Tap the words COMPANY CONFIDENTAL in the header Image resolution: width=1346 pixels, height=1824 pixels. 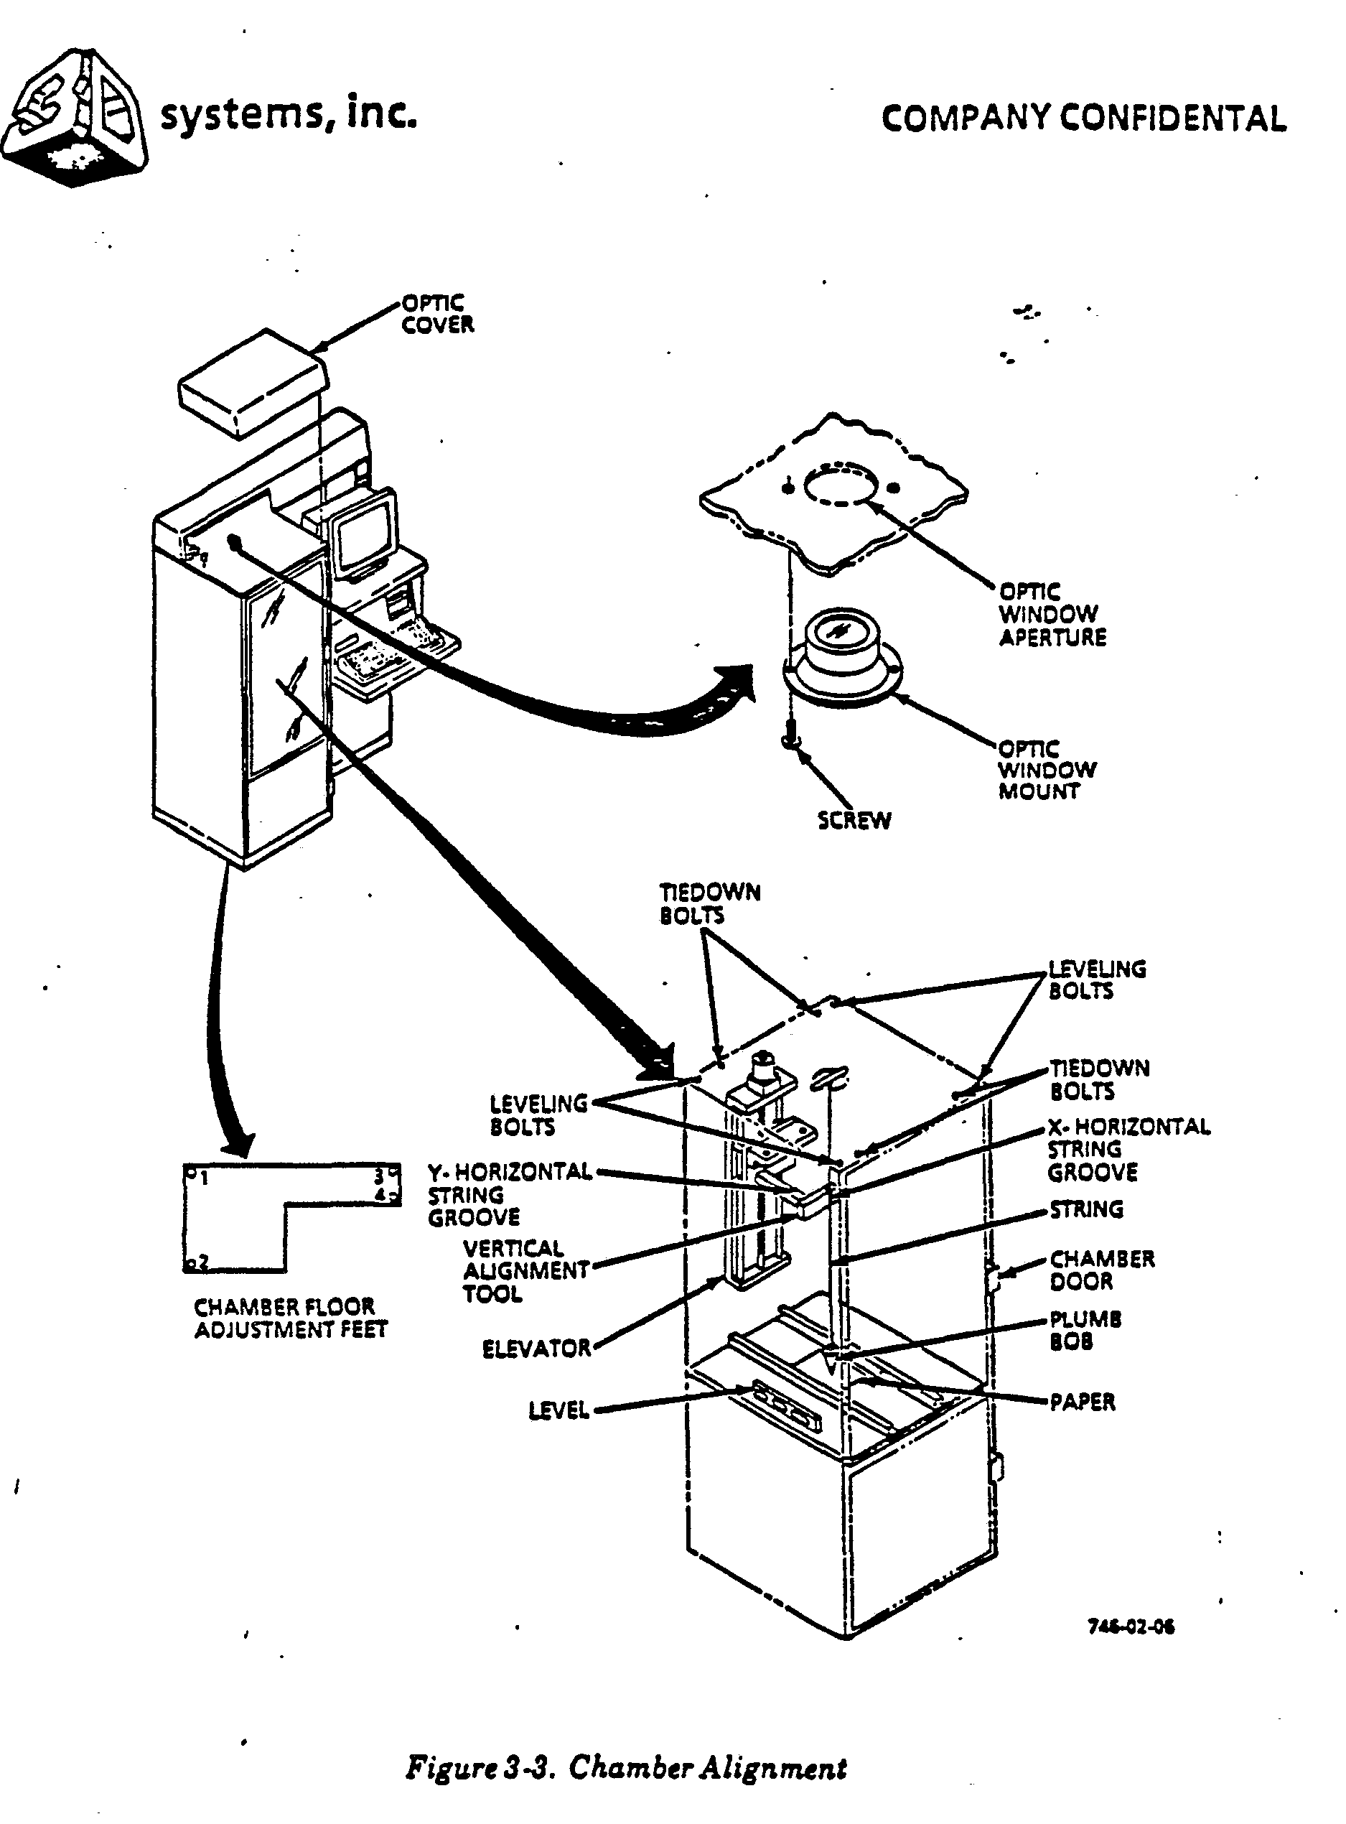click(1084, 119)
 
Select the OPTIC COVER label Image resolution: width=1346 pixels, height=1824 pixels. click(436, 314)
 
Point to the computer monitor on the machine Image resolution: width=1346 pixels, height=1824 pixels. click(365, 533)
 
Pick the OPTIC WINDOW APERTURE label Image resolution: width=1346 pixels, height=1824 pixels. click(1052, 615)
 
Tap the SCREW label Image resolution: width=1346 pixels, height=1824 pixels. click(854, 820)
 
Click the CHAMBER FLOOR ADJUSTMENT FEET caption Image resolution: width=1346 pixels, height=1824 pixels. click(290, 1318)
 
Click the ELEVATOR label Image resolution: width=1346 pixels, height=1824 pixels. click(536, 1349)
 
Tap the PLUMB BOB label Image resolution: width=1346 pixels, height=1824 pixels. click(1085, 1330)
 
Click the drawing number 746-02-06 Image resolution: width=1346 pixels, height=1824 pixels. click(1131, 1627)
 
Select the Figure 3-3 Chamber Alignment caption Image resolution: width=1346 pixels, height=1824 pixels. click(626, 1768)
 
